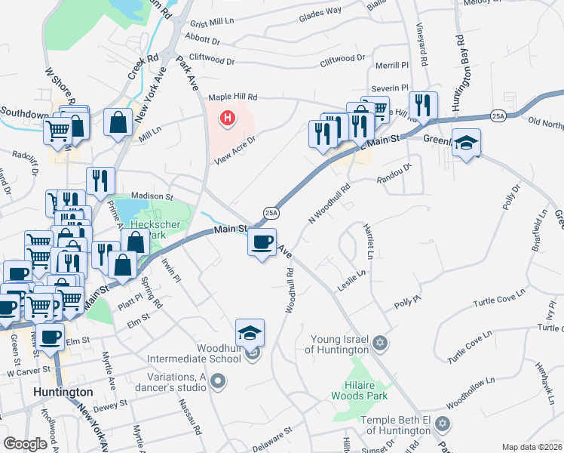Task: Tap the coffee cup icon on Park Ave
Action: pyautogui.click(x=262, y=242)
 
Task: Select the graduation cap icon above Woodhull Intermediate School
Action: pyautogui.click(x=250, y=332)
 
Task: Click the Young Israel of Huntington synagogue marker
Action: pyautogui.click(x=381, y=344)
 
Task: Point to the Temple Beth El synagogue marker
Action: pyautogui.click(x=443, y=425)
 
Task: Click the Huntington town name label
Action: pyautogui.click(x=63, y=393)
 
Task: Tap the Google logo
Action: pyautogui.click(x=26, y=444)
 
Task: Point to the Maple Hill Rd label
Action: pyautogui.click(x=233, y=97)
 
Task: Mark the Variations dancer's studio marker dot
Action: pyautogui.click(x=219, y=381)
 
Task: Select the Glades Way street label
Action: pyautogui.click(x=320, y=14)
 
